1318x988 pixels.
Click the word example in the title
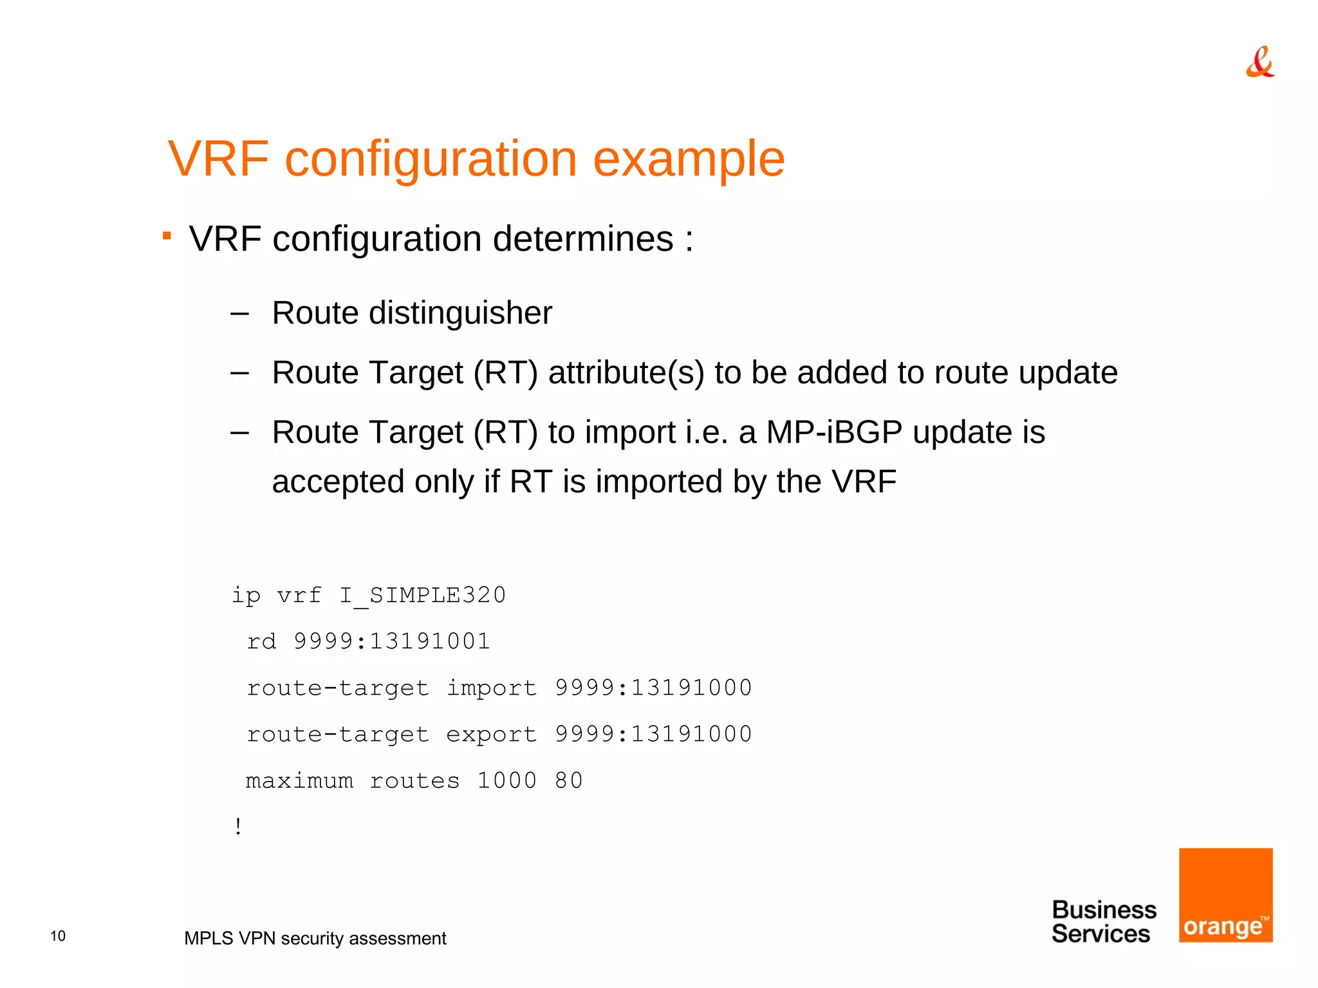click(x=688, y=160)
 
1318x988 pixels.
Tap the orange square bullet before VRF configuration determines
click(x=167, y=236)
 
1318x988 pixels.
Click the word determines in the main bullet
click(x=582, y=239)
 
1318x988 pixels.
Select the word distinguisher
click(x=460, y=314)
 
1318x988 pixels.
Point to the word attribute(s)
click(x=626, y=373)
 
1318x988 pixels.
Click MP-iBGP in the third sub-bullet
click(x=834, y=432)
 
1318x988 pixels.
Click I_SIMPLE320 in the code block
click(x=422, y=595)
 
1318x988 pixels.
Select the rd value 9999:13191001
click(x=391, y=641)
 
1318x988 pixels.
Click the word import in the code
click(x=492, y=688)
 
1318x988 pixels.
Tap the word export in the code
click(x=492, y=734)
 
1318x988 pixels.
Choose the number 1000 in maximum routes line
click(x=506, y=780)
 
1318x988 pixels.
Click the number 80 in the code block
click(x=569, y=780)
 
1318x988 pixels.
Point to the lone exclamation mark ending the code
click(x=239, y=827)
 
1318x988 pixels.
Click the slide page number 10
click(x=58, y=936)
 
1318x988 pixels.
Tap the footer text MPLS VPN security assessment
click(x=315, y=938)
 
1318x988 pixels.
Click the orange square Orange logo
click(x=1225, y=895)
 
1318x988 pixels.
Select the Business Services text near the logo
click(x=1103, y=922)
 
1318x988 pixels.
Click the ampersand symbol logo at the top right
click(x=1259, y=62)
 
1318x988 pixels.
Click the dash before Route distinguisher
click(x=239, y=314)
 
